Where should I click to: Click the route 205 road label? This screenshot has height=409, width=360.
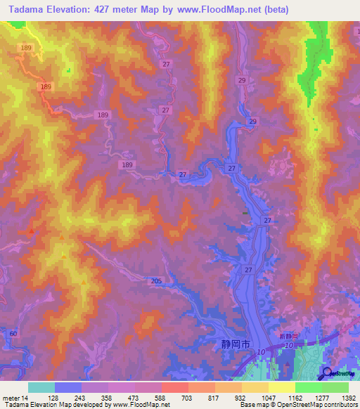(156, 281)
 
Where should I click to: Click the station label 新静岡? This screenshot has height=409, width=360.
(289, 338)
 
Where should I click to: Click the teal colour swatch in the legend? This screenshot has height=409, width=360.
(41, 388)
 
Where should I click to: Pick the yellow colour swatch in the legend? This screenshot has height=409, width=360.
(281, 388)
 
